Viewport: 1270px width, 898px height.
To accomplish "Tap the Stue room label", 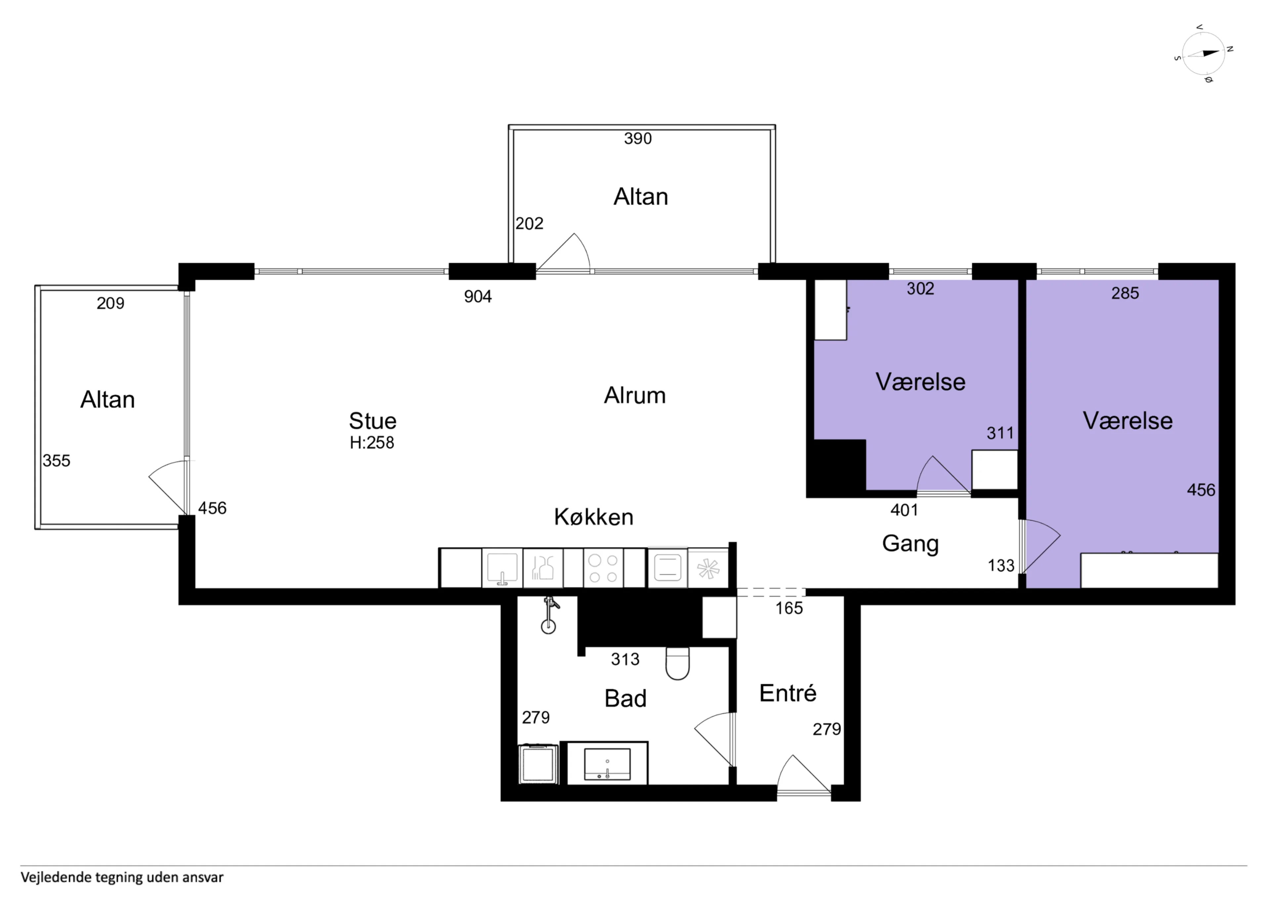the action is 372,421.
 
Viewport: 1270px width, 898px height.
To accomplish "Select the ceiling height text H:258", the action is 372,443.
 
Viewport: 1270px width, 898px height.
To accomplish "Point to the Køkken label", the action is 594,517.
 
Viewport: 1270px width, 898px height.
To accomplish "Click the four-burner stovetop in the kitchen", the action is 603,568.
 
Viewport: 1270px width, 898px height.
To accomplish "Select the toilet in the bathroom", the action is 678,663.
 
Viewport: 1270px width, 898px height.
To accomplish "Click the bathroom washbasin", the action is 607,764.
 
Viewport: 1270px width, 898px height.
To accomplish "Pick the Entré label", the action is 788,693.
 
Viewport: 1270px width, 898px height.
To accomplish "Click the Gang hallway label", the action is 910,544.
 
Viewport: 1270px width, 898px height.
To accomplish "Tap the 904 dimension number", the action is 478,297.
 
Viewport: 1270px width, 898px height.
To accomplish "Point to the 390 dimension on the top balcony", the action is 638,138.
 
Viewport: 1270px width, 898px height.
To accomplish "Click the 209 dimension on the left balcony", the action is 110,303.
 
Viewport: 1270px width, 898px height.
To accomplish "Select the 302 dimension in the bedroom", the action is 920,288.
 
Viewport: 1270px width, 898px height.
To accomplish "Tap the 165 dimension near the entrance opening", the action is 789,608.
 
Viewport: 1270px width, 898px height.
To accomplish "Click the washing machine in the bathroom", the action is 538,764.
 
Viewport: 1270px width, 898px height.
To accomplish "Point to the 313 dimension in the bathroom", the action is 625,659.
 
